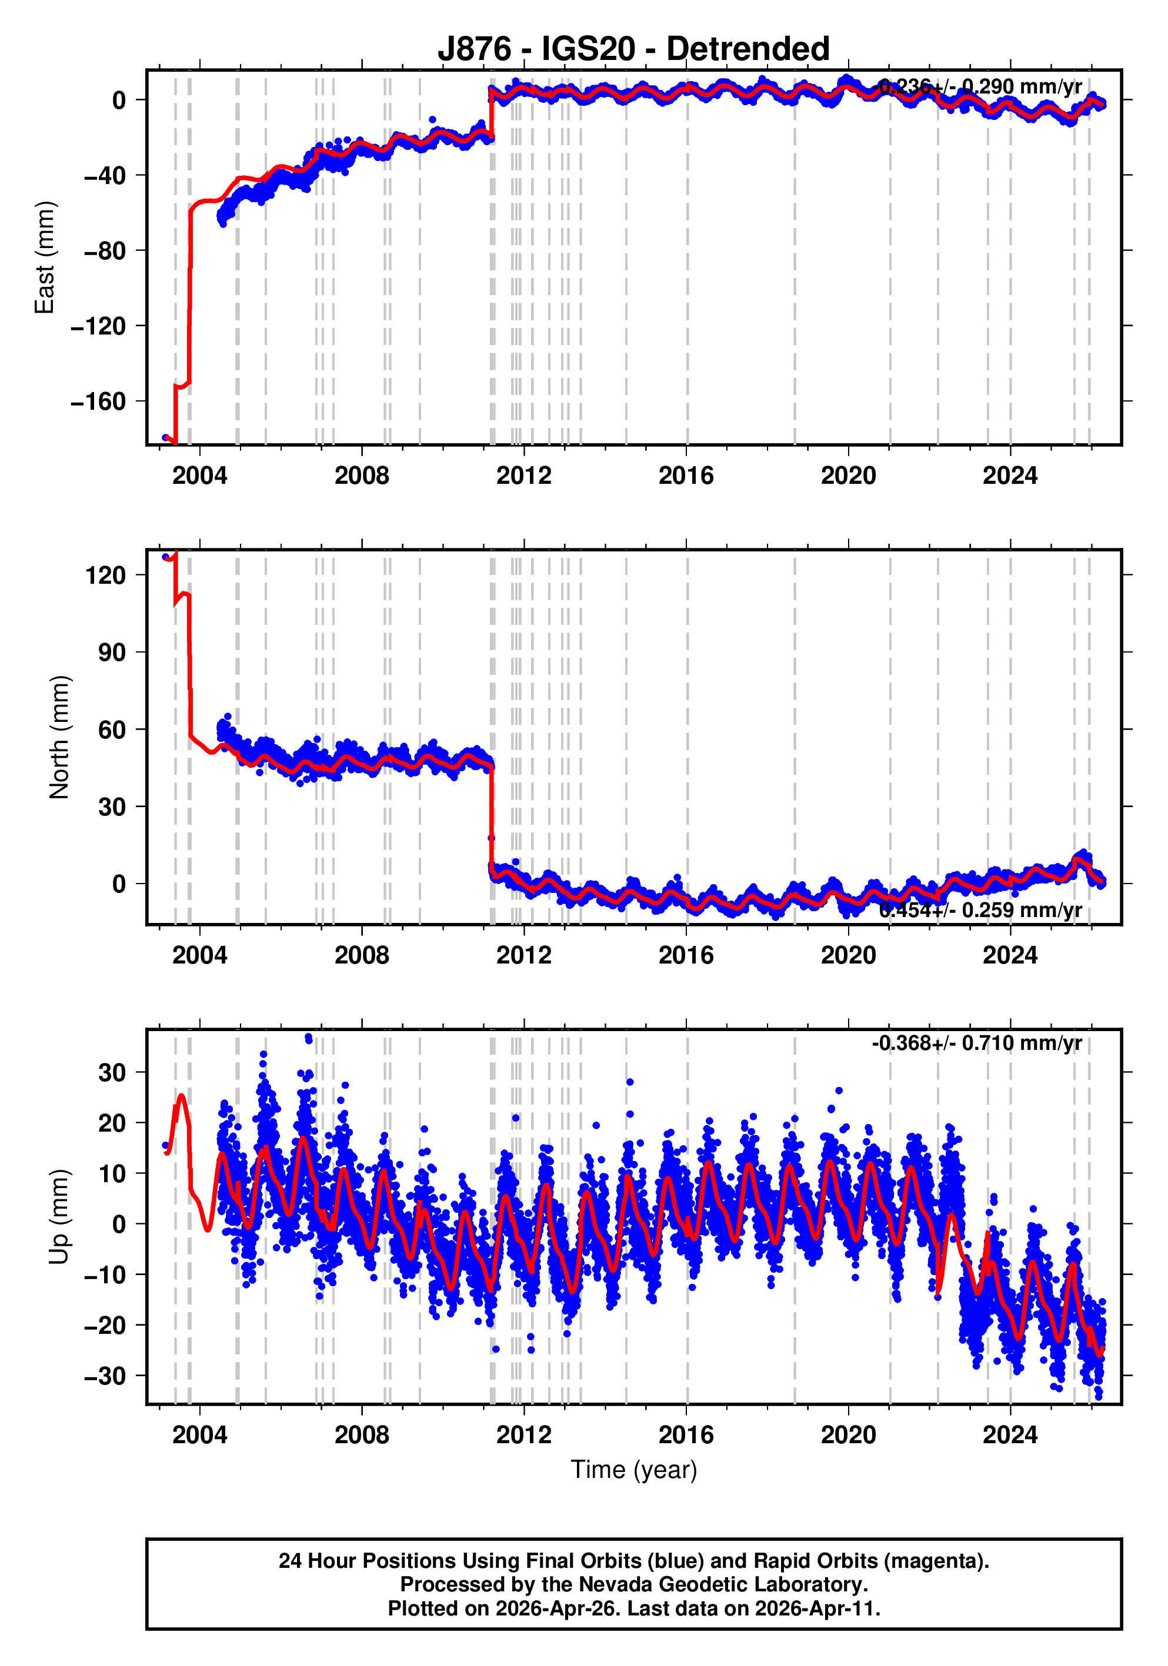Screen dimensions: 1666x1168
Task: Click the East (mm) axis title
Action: click(45, 257)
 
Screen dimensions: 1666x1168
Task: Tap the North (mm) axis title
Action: click(59, 737)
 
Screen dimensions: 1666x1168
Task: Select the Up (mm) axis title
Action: click(59, 1217)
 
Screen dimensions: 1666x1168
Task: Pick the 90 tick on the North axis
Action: click(112, 653)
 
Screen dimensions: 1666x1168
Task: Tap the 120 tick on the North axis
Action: click(106, 576)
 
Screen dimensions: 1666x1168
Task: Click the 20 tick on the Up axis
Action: click(112, 1122)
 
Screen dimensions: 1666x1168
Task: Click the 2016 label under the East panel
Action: click(686, 476)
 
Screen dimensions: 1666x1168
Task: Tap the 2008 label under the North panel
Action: click(362, 956)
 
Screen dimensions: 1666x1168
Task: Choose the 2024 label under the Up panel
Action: click(1010, 1435)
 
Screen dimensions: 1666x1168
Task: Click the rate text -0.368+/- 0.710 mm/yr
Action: click(976, 1043)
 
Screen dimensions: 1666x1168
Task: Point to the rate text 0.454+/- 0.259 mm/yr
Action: click(980, 910)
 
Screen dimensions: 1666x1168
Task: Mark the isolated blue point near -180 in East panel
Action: click(165, 437)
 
